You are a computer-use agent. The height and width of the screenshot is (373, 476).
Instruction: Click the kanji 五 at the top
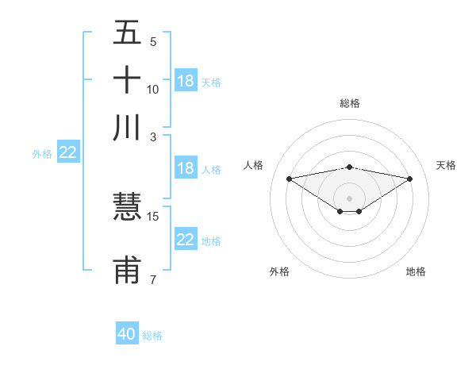tap(127, 33)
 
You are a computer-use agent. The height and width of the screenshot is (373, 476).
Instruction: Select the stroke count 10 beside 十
tap(153, 89)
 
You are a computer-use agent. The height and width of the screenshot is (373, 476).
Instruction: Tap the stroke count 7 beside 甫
tap(153, 279)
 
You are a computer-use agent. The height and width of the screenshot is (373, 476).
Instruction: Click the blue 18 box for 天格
tap(186, 81)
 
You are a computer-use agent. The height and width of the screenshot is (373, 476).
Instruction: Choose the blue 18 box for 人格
tap(186, 168)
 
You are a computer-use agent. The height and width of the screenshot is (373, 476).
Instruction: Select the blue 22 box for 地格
tap(186, 240)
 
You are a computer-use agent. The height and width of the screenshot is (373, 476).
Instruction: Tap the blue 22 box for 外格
tap(67, 152)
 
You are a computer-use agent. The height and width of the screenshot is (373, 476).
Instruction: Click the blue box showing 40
tap(127, 334)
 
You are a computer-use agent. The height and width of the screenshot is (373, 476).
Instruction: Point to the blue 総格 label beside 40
tap(152, 336)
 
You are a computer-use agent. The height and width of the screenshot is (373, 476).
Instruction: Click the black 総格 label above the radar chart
tap(349, 103)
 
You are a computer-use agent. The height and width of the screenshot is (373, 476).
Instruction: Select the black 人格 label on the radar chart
tap(254, 165)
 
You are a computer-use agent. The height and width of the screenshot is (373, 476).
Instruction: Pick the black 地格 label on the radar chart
tap(416, 271)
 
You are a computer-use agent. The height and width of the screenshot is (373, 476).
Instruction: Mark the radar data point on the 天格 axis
tap(410, 179)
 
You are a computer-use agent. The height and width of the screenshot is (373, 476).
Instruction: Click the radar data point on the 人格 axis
tap(289, 178)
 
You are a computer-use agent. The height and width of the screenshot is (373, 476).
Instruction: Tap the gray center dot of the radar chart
tap(349, 198)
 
